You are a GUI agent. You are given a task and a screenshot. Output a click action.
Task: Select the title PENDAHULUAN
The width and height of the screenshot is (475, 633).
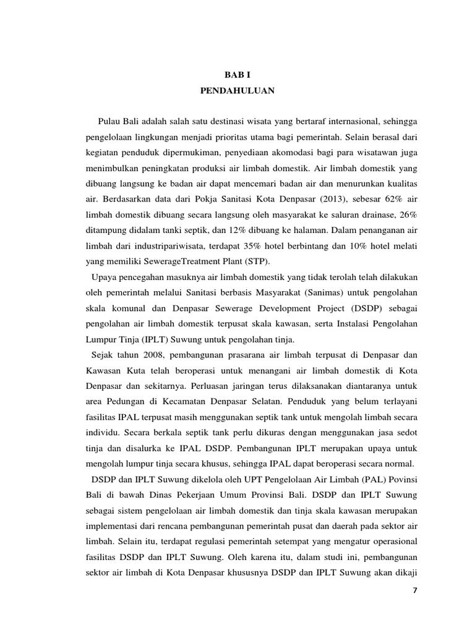click(x=237, y=90)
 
